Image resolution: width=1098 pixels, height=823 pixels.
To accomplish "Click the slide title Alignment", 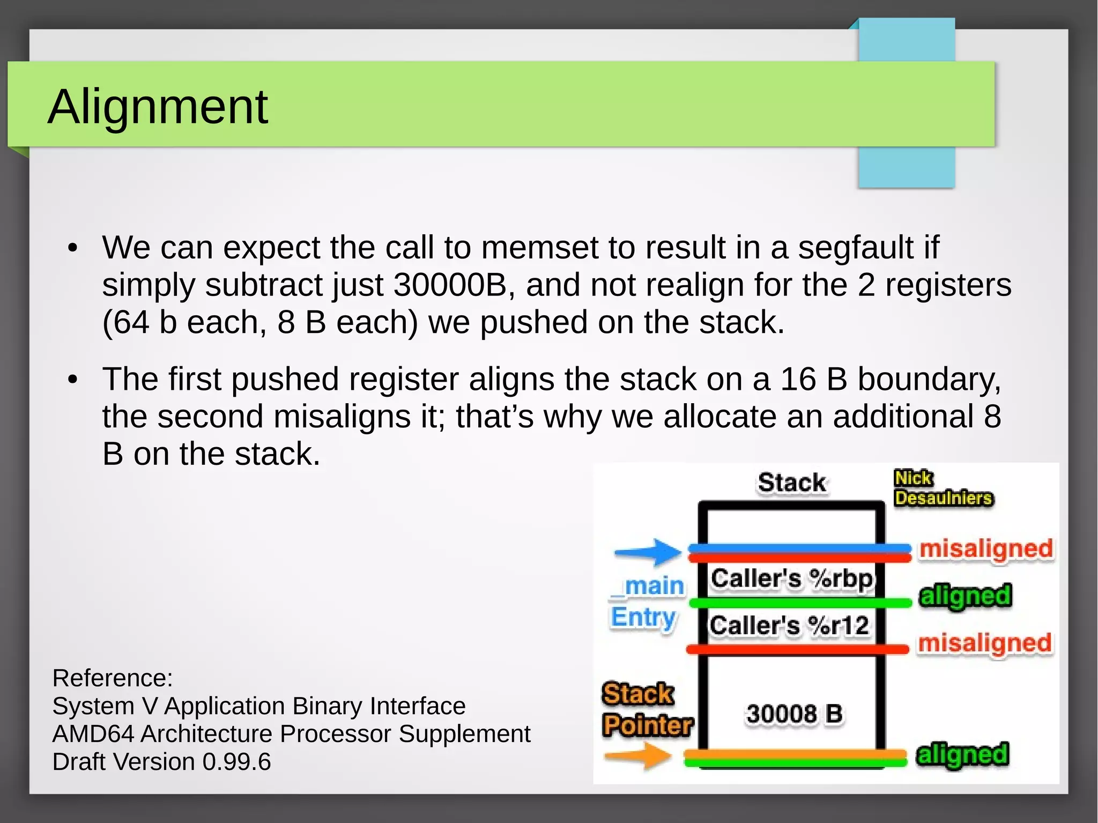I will tap(158, 107).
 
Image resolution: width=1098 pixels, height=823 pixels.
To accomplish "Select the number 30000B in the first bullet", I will tap(450, 285).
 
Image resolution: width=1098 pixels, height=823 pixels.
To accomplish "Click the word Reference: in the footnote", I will tap(113, 678).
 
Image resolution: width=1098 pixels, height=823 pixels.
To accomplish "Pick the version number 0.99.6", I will tap(236, 762).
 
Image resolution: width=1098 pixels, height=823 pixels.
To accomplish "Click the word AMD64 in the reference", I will tap(92, 734).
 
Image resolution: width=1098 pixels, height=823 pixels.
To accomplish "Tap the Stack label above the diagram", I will tap(791, 483).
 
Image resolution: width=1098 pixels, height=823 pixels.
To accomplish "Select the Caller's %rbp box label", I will tap(791, 579).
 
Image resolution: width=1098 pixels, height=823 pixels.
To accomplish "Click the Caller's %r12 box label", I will tap(789, 625).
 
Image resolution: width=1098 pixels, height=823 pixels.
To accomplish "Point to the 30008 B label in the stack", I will tap(794, 714).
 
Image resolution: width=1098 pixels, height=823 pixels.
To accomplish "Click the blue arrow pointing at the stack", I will tap(648, 552).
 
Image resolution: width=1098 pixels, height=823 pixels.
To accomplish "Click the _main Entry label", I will tap(648, 601).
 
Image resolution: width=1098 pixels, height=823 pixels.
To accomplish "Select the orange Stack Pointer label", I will tap(647, 709).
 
